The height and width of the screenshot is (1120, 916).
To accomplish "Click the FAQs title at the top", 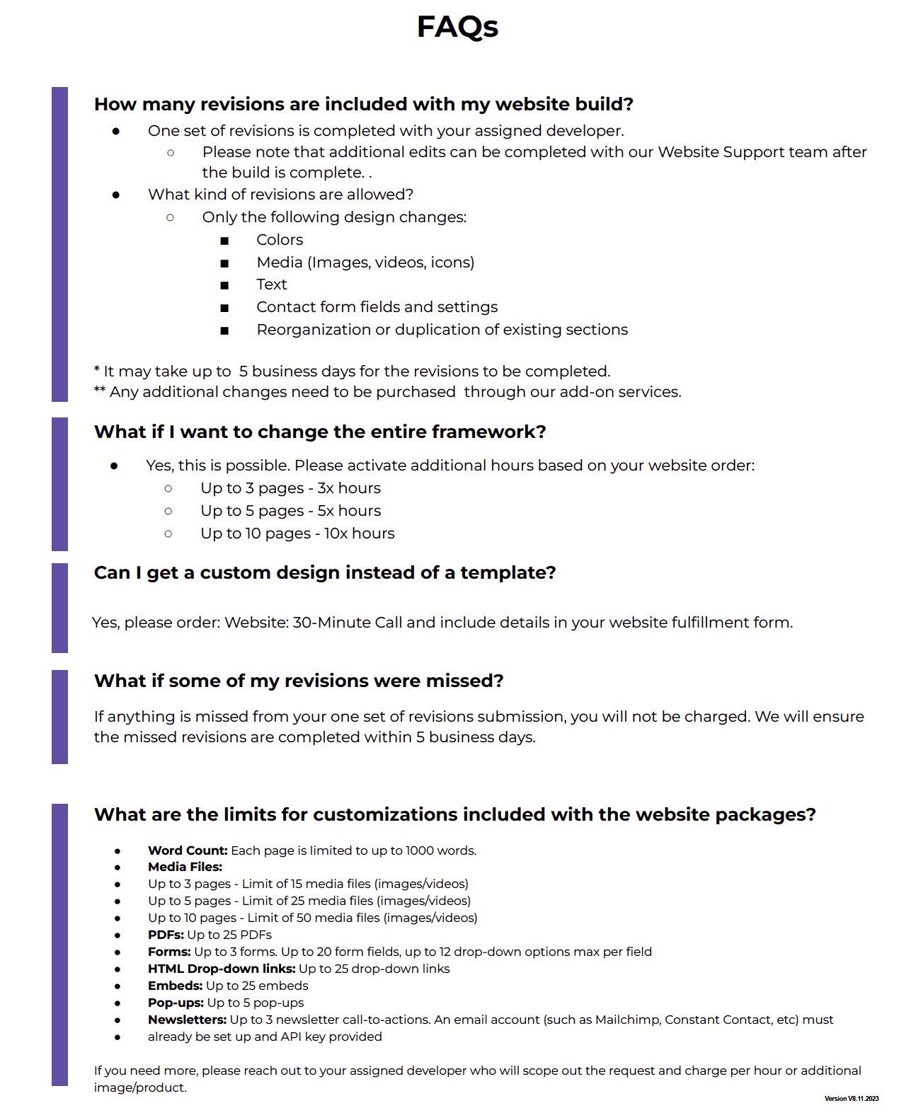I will tap(457, 27).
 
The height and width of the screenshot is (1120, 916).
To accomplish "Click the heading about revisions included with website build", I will tap(363, 104).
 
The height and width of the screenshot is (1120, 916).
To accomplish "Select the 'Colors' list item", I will tap(280, 240).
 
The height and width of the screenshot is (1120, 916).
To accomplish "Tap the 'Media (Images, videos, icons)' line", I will tap(365, 262).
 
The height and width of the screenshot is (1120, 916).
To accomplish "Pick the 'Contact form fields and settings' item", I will tap(377, 307).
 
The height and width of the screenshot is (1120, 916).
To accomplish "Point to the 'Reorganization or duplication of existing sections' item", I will tap(442, 330).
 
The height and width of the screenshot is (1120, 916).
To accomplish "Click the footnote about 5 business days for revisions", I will tap(352, 371).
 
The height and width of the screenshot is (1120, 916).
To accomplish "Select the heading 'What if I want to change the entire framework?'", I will tap(320, 432).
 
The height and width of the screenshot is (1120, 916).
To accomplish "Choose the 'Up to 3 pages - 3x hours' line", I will tap(290, 488).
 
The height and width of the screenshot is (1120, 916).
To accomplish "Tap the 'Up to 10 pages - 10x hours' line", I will tap(297, 533).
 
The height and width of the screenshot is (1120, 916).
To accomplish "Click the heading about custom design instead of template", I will tap(325, 572).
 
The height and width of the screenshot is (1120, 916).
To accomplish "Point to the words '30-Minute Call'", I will tap(348, 623).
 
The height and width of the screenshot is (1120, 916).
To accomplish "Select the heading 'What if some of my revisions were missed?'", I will tap(299, 681).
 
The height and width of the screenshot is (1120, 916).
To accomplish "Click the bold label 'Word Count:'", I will tap(188, 850).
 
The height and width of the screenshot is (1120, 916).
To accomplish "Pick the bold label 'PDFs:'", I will tap(166, 935).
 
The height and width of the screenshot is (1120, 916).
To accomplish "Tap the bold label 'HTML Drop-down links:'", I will tap(222, 969).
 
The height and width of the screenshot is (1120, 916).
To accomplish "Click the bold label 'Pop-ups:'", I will tap(176, 1003).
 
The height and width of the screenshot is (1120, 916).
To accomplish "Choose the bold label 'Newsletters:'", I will tap(187, 1020).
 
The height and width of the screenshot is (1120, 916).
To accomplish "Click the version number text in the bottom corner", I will tap(852, 1099).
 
